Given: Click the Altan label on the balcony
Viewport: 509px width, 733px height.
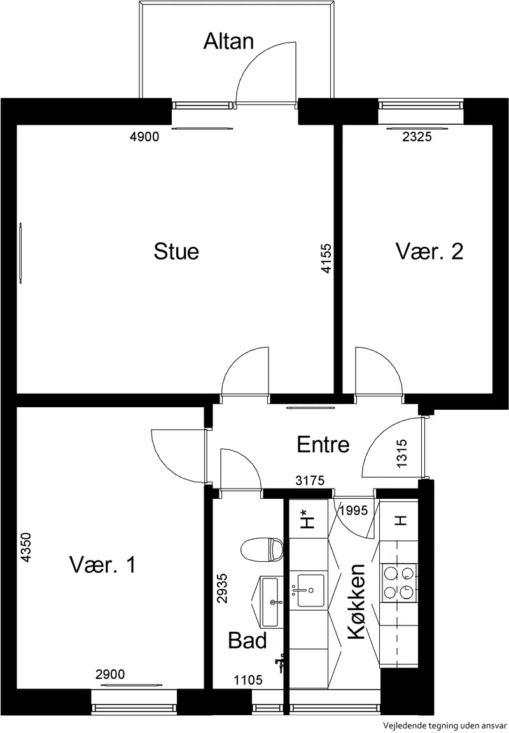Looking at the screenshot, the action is tap(228, 41).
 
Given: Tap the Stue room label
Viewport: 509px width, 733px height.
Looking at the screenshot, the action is tap(176, 251).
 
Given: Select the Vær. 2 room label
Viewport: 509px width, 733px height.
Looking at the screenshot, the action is tap(429, 251).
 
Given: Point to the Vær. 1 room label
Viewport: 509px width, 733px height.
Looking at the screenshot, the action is tap(103, 564).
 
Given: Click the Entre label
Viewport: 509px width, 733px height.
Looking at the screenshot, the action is tap(323, 444).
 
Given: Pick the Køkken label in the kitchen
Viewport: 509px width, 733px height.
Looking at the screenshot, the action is tap(356, 602).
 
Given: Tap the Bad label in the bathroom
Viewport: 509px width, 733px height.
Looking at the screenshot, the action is tap(248, 641).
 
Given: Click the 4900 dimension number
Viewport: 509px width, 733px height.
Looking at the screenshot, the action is tap(144, 137).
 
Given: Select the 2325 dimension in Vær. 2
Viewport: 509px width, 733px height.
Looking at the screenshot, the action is tap(417, 137).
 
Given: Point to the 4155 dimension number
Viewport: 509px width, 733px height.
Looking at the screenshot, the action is tap(326, 258).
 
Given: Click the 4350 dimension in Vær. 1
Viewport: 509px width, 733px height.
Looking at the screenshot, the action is tap(25, 547).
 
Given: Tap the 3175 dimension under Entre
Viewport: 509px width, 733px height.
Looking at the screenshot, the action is tap(310, 480).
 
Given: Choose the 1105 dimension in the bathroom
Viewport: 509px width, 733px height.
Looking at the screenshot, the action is tap(248, 680).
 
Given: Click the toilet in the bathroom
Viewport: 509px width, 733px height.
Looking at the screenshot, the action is tap(263, 550).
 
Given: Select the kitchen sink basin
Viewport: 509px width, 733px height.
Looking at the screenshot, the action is tap(311, 590).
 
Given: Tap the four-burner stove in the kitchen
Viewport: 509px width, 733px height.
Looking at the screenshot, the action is tap(400, 582).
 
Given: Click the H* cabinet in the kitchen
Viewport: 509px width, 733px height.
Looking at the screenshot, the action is tap(308, 519).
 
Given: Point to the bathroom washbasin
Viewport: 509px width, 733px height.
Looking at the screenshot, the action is tap(270, 602).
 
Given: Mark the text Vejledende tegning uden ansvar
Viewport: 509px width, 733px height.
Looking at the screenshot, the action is tap(445, 725).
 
